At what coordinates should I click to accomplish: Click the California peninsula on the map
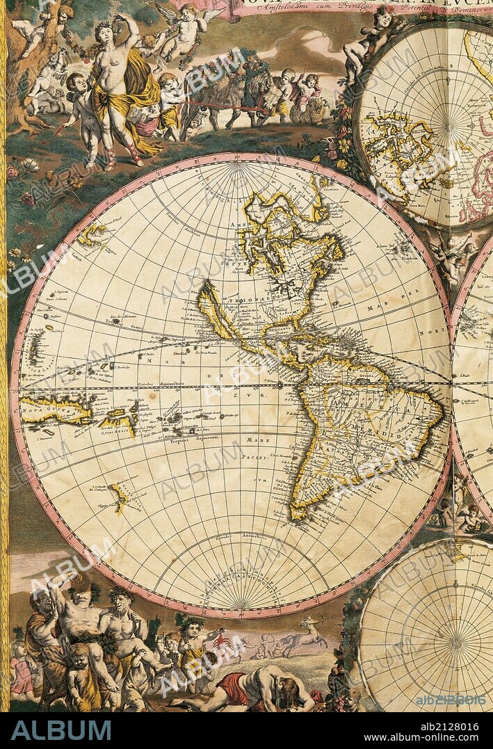click(x=212, y=306)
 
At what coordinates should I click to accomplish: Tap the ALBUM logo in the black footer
click(x=61, y=730)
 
